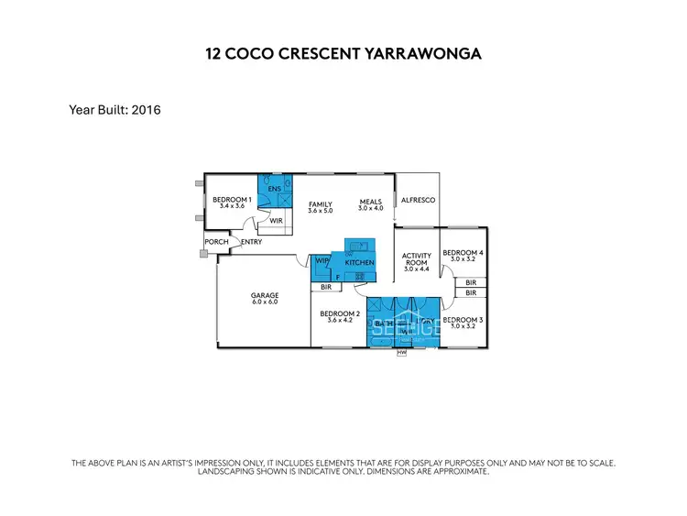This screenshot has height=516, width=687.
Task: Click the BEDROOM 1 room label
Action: tap(232, 199)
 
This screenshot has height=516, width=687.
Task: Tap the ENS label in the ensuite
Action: tap(273, 191)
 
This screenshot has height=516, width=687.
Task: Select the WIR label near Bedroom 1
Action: tap(275, 221)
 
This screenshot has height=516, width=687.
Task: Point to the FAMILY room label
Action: tap(320, 204)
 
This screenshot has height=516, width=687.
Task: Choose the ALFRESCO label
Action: tap(418, 200)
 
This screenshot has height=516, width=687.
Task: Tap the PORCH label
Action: tap(216, 242)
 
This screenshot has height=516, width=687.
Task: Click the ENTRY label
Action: tap(251, 242)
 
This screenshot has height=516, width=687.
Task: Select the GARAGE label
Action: tap(264, 295)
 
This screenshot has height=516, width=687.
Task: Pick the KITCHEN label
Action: tap(359, 263)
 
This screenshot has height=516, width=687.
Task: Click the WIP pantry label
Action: tap(322, 261)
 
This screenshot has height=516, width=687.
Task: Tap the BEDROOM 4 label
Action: tap(463, 252)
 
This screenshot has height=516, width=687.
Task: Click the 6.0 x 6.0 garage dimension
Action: tap(264, 302)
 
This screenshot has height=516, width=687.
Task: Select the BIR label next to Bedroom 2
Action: tap(325, 287)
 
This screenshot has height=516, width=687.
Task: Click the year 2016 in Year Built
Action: tap(146, 110)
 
